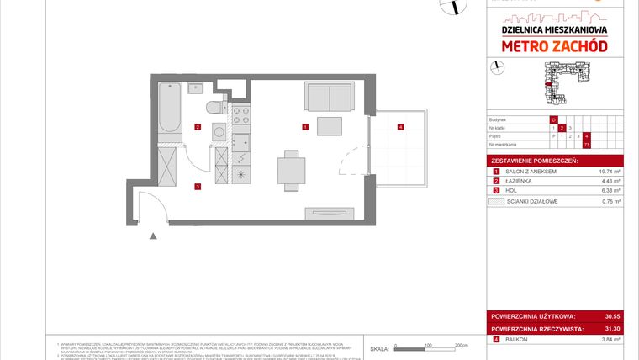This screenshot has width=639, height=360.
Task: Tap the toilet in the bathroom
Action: pos(214,106)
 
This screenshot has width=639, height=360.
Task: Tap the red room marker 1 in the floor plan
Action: pos(305,127)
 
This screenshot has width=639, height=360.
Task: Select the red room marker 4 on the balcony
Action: pos(400,127)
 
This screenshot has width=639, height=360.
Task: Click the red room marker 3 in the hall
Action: pos(197,187)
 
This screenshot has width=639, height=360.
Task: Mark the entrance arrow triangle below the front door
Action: pos(153,236)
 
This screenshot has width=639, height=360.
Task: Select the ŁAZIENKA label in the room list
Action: pos(523,181)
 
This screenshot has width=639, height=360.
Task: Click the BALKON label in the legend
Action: pos(520,340)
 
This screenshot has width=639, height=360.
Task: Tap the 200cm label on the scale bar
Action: pos(461,346)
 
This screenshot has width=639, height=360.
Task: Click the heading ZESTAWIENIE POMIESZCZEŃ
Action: pos(533,159)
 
